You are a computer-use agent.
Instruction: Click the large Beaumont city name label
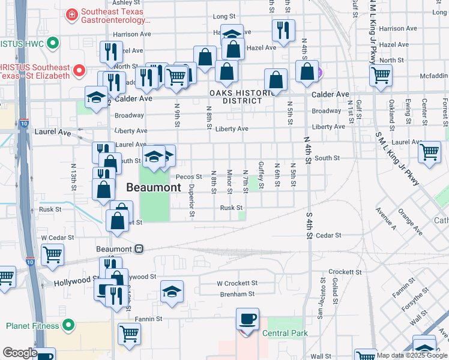point(153,188)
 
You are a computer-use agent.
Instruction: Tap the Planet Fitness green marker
point(68,326)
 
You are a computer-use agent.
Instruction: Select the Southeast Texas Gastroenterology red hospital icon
point(72,13)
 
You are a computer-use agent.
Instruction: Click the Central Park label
point(285,333)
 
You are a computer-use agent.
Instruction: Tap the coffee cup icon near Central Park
point(247,319)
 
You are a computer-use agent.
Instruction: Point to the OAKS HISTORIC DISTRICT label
point(236,97)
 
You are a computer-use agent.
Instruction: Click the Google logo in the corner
point(19,353)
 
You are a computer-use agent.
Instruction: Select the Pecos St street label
point(188,177)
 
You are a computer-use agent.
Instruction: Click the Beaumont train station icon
point(139,248)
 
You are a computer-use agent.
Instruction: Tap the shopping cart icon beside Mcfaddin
point(381,76)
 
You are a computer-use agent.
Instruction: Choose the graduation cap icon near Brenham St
point(172,292)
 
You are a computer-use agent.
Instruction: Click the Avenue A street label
point(385,220)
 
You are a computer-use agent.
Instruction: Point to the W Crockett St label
point(237,283)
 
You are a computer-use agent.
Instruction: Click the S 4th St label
point(310,224)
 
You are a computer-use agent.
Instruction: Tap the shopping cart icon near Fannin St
point(130,334)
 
